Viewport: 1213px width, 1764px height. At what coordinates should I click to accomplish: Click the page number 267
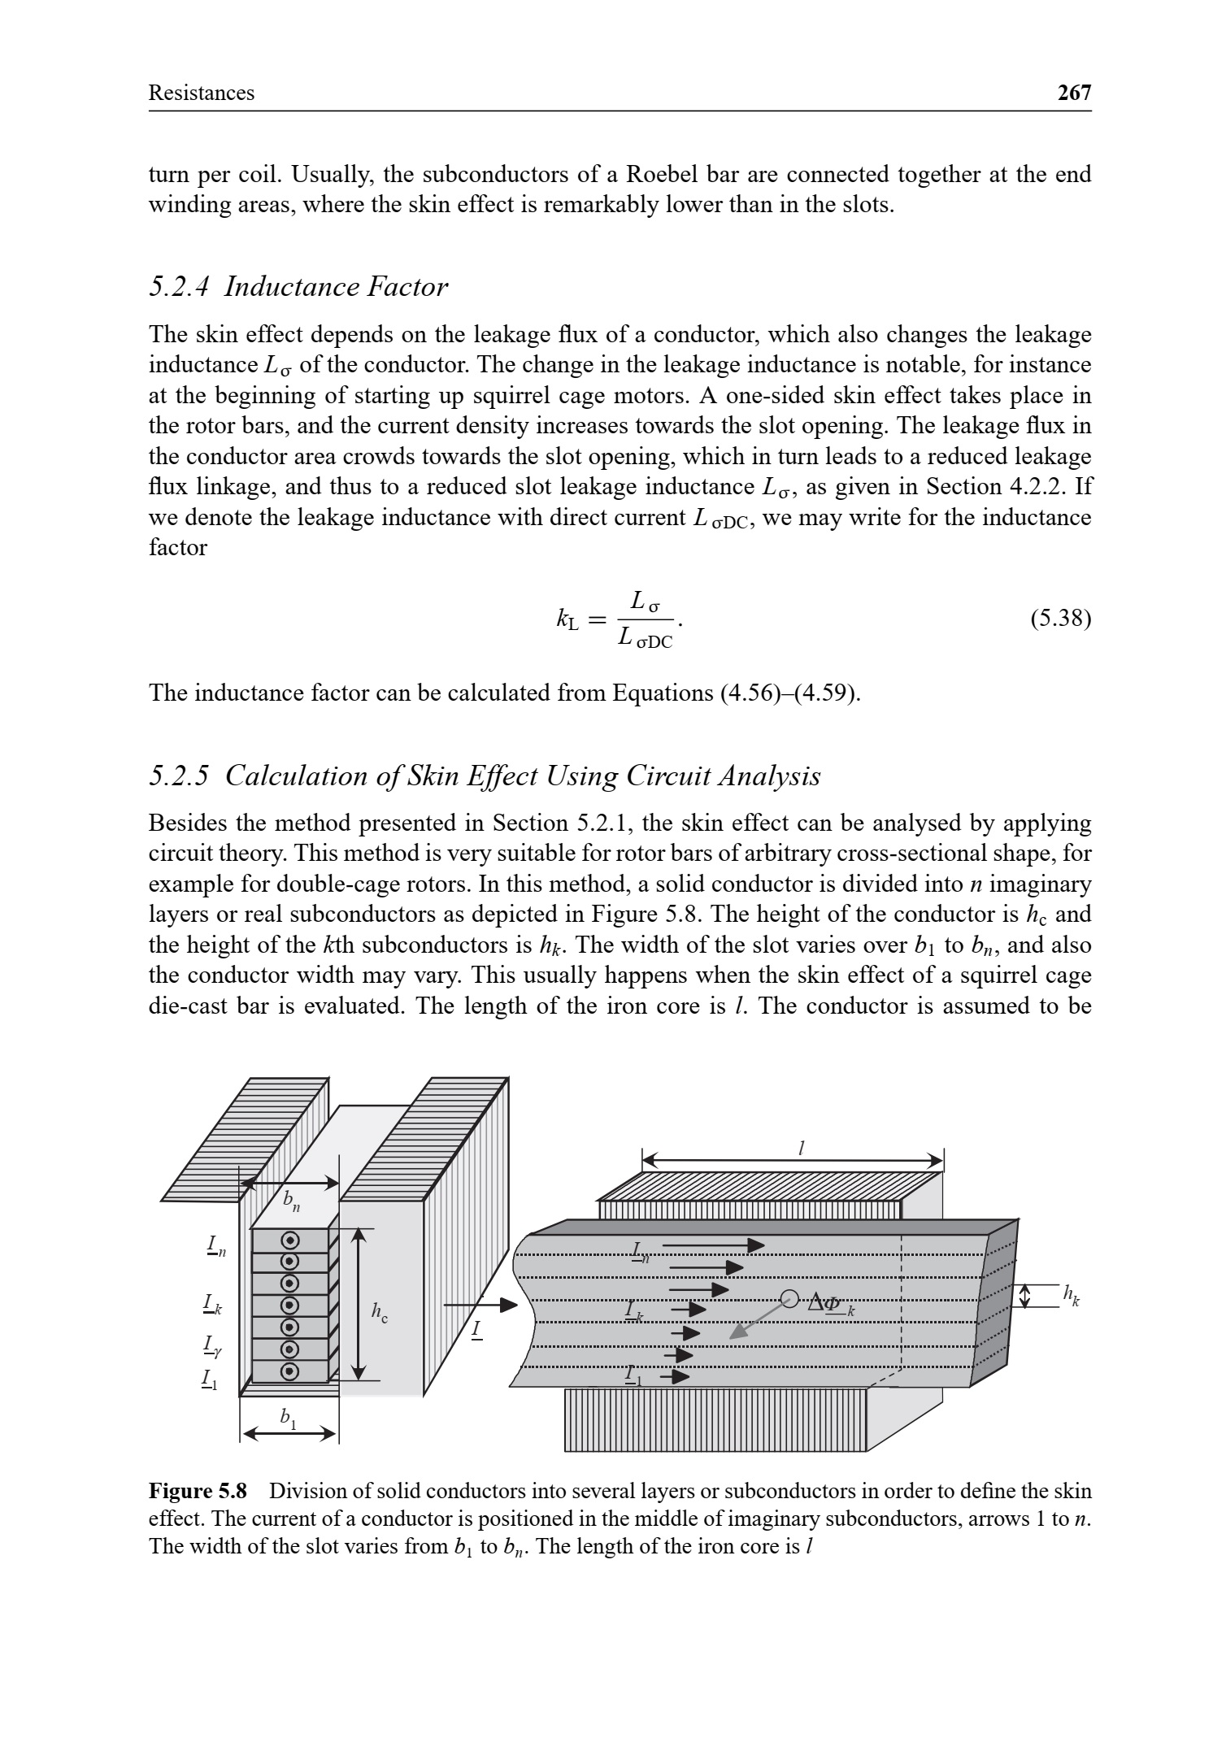pos(1074,93)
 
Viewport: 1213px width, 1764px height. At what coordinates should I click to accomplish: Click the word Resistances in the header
pos(201,93)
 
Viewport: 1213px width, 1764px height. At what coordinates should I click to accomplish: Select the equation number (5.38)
pos(1060,619)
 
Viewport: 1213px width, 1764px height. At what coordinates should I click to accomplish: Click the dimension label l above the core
pos(802,1148)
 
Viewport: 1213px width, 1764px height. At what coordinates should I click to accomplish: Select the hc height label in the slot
pos(379,1310)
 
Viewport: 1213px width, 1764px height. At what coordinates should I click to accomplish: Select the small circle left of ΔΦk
pos(788,1298)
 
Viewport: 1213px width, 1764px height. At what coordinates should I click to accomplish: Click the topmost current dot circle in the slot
pos(289,1240)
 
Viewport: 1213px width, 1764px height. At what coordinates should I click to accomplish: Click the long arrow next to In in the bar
pos(713,1245)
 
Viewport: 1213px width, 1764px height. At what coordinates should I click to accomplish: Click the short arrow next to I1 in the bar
pos(675,1376)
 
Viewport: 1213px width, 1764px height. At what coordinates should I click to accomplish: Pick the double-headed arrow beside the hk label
pos(1025,1296)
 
